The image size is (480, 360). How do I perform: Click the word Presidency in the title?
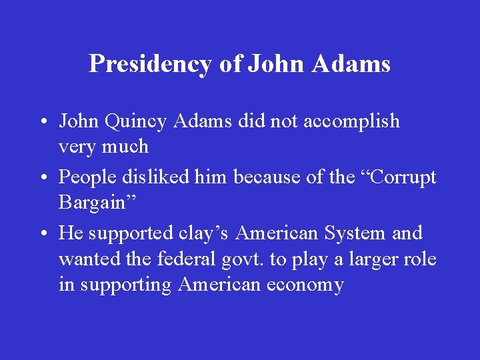tap(150, 64)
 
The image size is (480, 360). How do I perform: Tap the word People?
tap(87, 177)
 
